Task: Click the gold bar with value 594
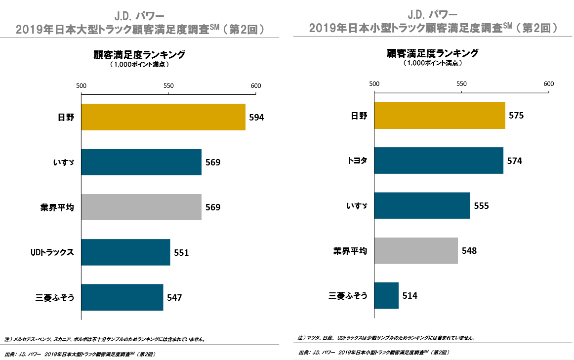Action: point(163,117)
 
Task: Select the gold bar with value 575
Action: point(440,116)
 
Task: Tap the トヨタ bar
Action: point(439,160)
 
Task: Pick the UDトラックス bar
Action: point(125,252)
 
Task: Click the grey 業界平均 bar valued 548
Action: point(416,250)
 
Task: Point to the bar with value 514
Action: point(386,296)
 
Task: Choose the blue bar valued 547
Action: point(122,297)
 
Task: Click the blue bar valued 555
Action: point(422,205)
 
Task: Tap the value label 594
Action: point(257,118)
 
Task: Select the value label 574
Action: point(514,161)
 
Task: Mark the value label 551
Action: point(181,253)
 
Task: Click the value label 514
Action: point(410,296)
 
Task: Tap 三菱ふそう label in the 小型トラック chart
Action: point(348,296)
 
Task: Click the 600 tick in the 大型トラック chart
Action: point(256,85)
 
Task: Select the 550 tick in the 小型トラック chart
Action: point(461,83)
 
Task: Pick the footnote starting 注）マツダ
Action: point(386,338)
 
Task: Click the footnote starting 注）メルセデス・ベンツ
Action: point(104,339)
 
